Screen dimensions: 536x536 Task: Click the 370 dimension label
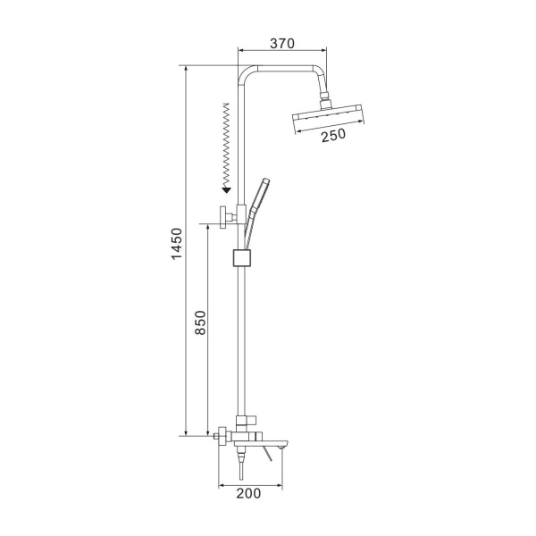click(x=282, y=44)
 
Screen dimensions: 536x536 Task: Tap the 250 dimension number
click(x=333, y=135)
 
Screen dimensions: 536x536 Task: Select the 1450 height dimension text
click(x=177, y=244)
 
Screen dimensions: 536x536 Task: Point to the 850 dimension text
click(x=200, y=322)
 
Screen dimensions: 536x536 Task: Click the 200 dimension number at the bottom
click(x=248, y=493)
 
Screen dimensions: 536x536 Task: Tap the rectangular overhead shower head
click(x=329, y=118)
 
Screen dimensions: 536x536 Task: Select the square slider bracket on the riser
click(x=242, y=258)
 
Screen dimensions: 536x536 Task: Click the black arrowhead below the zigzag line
click(x=226, y=190)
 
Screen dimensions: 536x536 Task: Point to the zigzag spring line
click(x=226, y=145)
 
